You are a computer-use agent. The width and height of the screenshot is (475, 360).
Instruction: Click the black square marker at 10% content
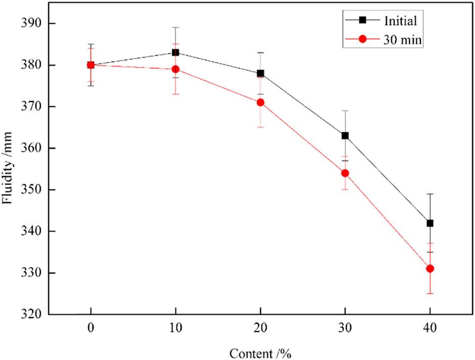pos(175,53)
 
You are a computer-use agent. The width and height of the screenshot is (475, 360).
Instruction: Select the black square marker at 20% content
pos(260,73)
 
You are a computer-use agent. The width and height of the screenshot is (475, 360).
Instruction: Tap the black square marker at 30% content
pos(345,135)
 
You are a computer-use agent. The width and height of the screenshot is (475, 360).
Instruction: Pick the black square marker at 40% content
pos(430,223)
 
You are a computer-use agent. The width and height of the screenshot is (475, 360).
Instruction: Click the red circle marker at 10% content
pos(175,69)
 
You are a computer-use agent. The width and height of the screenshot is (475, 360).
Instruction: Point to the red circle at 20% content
pos(260,102)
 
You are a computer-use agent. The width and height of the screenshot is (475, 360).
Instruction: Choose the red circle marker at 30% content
pos(345,173)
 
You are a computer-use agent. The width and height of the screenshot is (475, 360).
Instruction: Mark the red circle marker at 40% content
pos(430,269)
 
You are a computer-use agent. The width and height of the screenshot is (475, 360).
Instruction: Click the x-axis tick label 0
pos(90,327)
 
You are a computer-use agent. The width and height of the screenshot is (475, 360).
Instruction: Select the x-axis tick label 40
pos(430,327)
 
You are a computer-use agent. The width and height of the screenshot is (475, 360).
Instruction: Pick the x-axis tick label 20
pos(260,327)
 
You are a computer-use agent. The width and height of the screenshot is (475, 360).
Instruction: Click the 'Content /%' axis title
pos(260,352)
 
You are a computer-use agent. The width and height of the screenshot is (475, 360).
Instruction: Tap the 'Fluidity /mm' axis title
pos(8,169)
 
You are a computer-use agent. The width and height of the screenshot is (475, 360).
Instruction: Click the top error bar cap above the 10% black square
pos(175,27)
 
